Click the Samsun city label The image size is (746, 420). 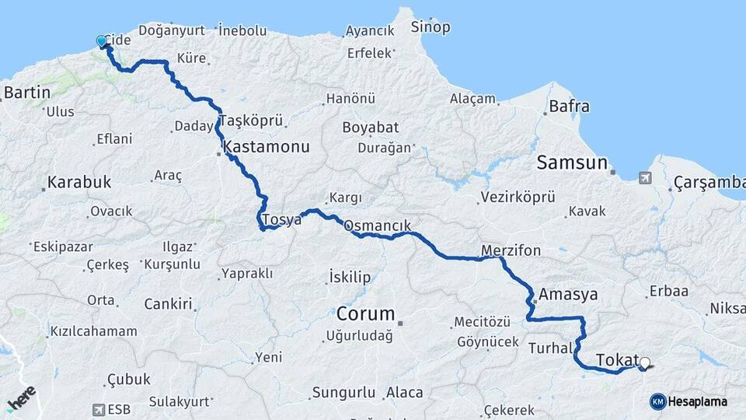(x=570, y=163)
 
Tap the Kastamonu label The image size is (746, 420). (x=267, y=146)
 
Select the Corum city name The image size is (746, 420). (x=365, y=314)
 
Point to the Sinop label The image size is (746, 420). (x=431, y=28)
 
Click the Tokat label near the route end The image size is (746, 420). (x=617, y=359)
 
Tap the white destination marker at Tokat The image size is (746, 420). (x=644, y=362)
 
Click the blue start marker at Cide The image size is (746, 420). (x=101, y=42)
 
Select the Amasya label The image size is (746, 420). (x=568, y=295)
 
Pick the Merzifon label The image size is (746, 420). (x=511, y=251)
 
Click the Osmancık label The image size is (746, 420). (x=377, y=226)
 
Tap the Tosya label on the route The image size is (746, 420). (x=282, y=220)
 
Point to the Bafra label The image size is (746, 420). (x=569, y=107)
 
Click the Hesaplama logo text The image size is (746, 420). (x=697, y=402)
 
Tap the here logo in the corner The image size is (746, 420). (x=21, y=400)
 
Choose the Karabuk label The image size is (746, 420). (x=79, y=183)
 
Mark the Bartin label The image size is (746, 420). (x=27, y=93)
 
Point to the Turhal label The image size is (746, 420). (x=549, y=347)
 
